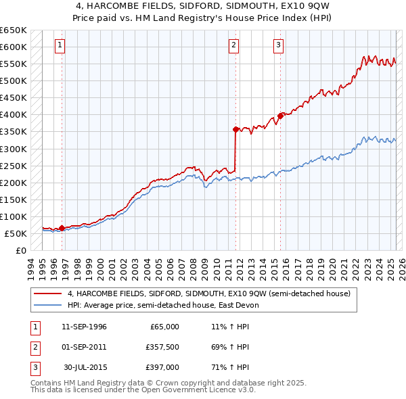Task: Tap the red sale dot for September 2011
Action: [x=235, y=129]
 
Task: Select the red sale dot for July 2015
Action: [x=280, y=116]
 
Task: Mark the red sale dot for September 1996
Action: [x=62, y=228]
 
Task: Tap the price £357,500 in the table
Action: [x=162, y=347]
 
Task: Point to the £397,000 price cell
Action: [x=162, y=367]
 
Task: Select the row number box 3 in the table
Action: [x=33, y=367]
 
